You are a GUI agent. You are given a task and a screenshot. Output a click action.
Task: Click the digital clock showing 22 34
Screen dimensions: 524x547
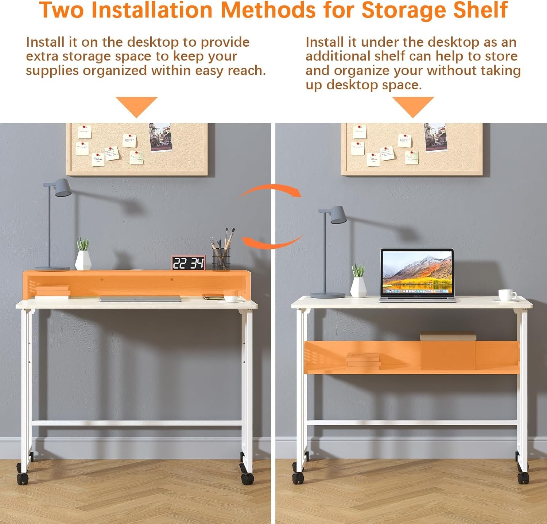(x=188, y=263)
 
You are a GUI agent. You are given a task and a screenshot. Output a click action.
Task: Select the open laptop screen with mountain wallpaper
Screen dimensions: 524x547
(x=417, y=272)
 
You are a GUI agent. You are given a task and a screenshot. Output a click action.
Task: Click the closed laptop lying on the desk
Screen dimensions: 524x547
(x=140, y=298)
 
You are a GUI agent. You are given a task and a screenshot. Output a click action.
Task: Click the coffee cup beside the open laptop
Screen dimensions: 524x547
(x=507, y=295)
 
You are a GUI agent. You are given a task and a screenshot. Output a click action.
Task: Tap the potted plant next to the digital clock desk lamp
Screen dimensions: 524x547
(x=83, y=256)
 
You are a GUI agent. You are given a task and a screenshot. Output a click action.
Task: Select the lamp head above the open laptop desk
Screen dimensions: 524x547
(x=338, y=215)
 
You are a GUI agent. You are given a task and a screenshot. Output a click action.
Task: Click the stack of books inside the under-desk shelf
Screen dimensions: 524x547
(x=363, y=360)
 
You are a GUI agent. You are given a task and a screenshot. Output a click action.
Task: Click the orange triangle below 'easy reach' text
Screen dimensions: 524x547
(x=136, y=106)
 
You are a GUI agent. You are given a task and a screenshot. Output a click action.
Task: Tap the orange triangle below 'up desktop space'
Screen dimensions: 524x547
(x=413, y=106)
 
